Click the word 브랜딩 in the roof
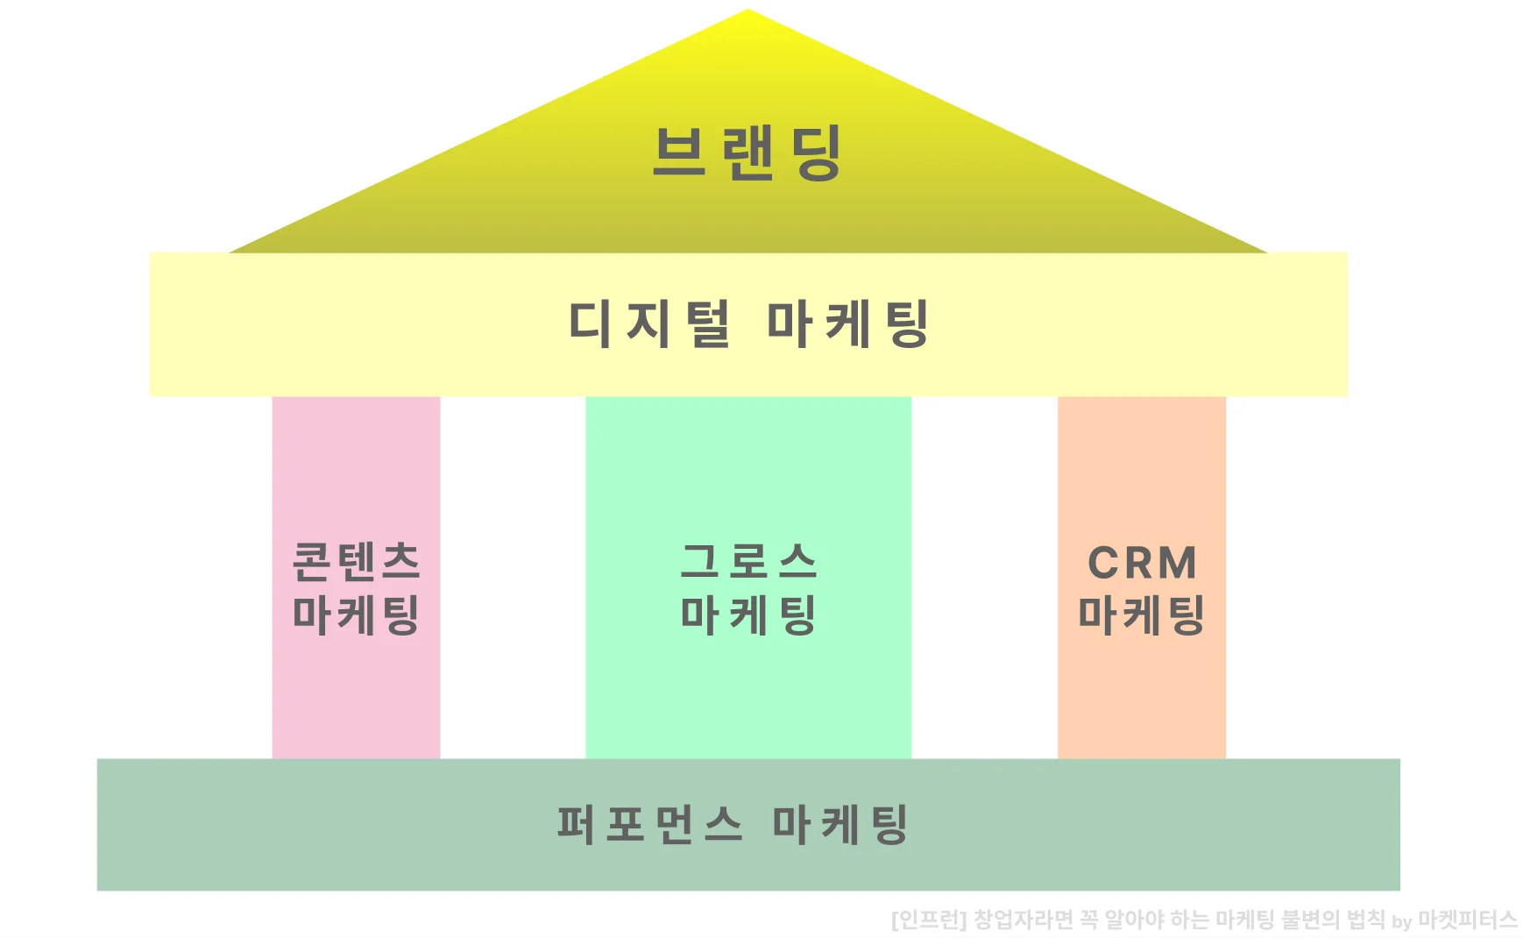pyautogui.click(x=747, y=153)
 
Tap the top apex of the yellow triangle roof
pyautogui.click(x=748, y=12)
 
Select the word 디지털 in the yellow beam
pyautogui.click(x=649, y=323)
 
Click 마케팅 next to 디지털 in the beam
pyautogui.click(x=847, y=323)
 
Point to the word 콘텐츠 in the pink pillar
pyautogui.click(x=356, y=561)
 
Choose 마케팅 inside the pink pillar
pyautogui.click(x=356, y=615)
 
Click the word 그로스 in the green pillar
pyautogui.click(x=748, y=561)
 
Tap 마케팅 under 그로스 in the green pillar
pyautogui.click(x=748, y=615)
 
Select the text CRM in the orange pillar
pyautogui.click(x=1142, y=563)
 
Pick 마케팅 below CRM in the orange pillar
pyautogui.click(x=1142, y=615)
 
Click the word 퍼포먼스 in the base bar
pyautogui.click(x=650, y=824)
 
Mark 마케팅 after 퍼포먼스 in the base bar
pyautogui.click(x=840, y=824)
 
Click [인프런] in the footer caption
pyautogui.click(x=928, y=920)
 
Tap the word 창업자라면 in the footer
pyautogui.click(x=1023, y=920)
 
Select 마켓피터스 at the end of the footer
pyautogui.click(x=1468, y=920)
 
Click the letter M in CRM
pyautogui.click(x=1177, y=563)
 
